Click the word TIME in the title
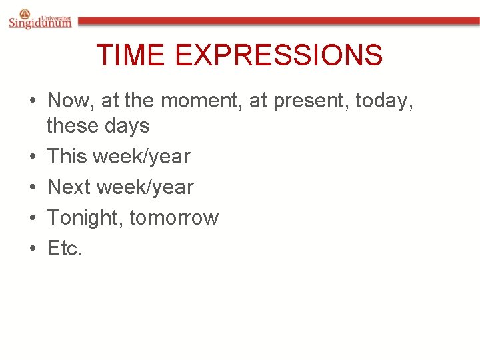click(131, 55)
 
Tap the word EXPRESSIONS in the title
click(279, 55)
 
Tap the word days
click(130, 125)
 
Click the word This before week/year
click(67, 157)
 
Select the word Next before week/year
click(69, 187)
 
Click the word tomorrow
click(174, 218)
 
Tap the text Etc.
click(65, 249)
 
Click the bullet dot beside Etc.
click(33, 249)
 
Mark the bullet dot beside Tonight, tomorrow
click(33, 218)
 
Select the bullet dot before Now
click(33, 101)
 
